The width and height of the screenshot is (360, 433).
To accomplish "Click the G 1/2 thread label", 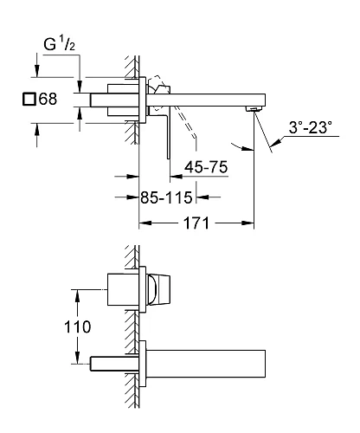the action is click(x=60, y=44).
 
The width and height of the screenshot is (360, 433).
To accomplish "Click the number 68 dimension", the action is click(x=48, y=99).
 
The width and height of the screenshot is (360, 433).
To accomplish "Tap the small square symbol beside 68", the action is click(x=29, y=99).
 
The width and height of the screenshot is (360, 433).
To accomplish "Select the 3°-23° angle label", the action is click(x=310, y=127).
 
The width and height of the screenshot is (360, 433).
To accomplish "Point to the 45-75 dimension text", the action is click(x=206, y=166).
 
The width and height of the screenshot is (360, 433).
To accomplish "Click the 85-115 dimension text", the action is click(x=166, y=197).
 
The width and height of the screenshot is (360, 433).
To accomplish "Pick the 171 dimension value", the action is click(x=196, y=223).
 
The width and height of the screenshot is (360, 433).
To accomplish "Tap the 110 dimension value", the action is click(x=77, y=326).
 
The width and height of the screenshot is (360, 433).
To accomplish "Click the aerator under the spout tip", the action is click(x=254, y=109).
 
